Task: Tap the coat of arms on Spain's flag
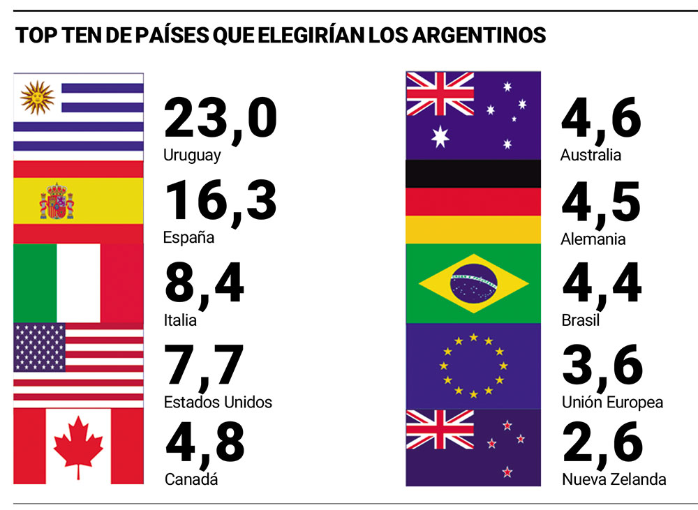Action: tap(57, 202)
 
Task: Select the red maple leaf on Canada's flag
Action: tap(78, 446)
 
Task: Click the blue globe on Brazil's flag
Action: tap(473, 283)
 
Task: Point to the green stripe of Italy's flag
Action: tap(34, 283)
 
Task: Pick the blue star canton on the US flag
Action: tap(39, 347)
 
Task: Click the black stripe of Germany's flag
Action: tap(473, 174)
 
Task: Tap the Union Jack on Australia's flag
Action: tap(440, 93)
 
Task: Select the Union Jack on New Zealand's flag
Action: tap(440, 429)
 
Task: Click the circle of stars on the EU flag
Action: tap(473, 366)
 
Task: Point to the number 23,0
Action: tap(220, 119)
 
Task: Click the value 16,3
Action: tap(220, 201)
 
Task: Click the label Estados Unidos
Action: tap(218, 403)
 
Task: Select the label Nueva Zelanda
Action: tap(614, 479)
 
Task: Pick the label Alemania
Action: tap(593, 239)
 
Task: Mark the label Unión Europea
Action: tap(612, 403)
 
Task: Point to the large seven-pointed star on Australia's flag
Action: tap(440, 135)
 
